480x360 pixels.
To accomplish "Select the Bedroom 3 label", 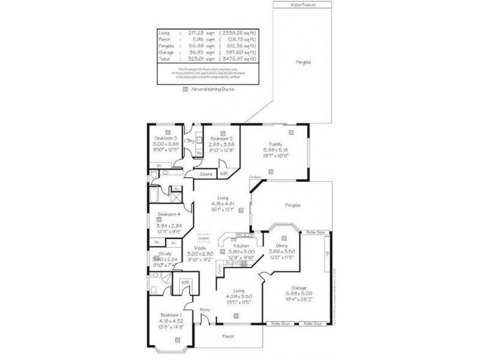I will tap(164, 138).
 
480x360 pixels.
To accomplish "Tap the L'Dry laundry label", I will tap(189, 141).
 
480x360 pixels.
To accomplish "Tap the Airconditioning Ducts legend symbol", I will tap(185, 88).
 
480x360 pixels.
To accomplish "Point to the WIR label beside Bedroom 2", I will tap(224, 173).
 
